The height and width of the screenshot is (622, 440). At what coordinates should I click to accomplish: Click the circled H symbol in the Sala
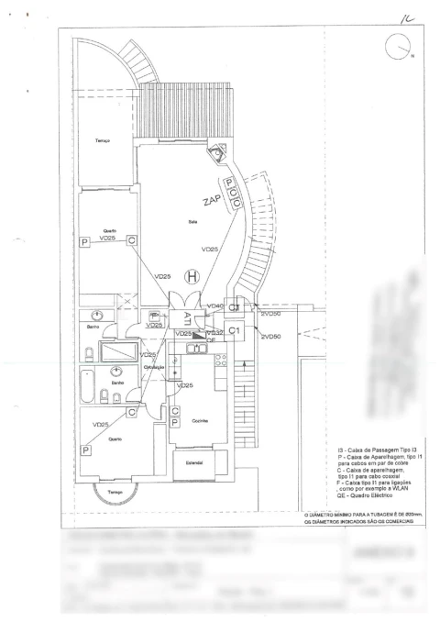[192, 275]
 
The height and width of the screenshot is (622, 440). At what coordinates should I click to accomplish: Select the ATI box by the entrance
[186, 318]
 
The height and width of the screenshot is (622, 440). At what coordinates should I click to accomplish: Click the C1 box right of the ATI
[234, 329]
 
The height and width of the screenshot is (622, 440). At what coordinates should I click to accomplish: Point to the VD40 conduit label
[216, 305]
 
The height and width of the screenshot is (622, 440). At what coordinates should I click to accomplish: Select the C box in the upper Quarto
[132, 239]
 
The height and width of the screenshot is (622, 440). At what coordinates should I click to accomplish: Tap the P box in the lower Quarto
[85, 450]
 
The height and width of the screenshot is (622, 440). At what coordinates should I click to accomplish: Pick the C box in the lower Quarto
[132, 413]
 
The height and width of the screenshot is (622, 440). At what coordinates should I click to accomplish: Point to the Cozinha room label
[201, 420]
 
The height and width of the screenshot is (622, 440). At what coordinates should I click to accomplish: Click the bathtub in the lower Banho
[87, 393]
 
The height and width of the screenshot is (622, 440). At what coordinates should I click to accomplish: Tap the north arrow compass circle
[399, 45]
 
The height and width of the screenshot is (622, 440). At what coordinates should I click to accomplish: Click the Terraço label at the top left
[103, 140]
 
